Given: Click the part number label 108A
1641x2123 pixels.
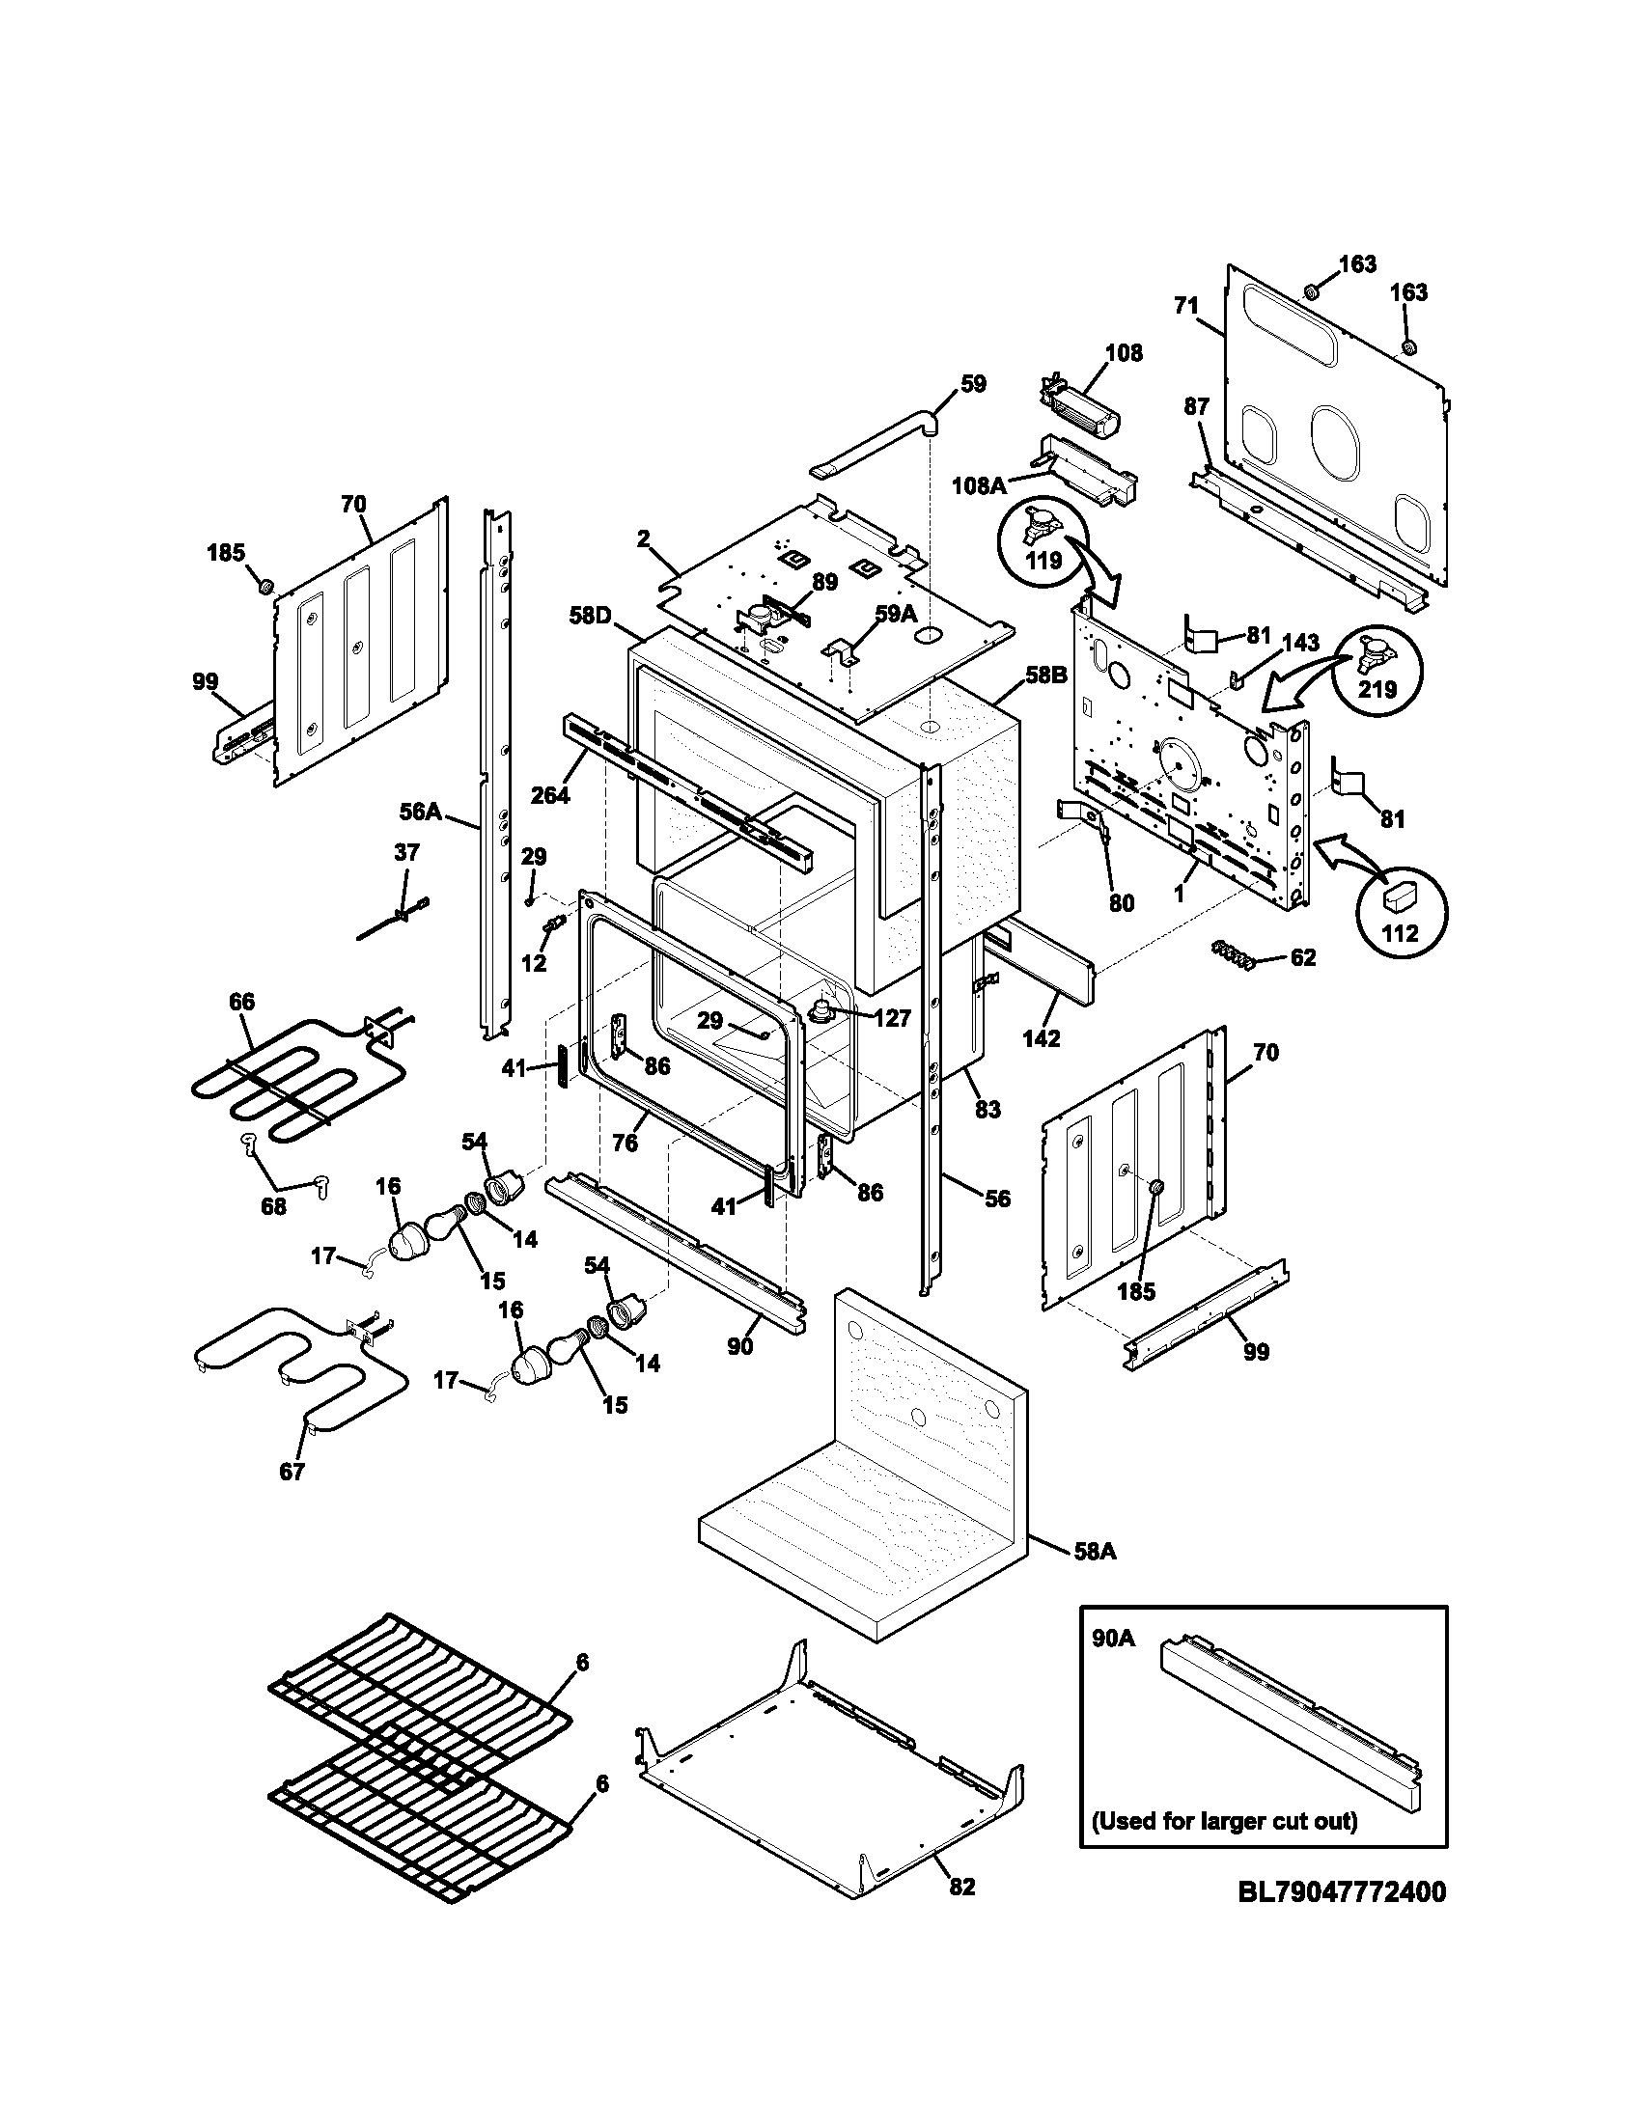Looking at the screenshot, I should pos(979,485).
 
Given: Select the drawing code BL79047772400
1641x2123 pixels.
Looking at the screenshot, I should pos(1341,1892).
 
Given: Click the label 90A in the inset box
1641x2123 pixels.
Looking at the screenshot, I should pos(1113,1639).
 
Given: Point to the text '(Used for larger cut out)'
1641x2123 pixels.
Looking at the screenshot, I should pos(1224,1820).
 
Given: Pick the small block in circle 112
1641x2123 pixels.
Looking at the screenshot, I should pos(1401,893).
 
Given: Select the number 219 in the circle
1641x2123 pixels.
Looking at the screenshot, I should pos(1377,689).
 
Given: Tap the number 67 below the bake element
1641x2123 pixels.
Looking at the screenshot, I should pos(292,1472).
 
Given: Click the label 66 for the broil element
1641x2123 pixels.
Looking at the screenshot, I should pos(241,1002).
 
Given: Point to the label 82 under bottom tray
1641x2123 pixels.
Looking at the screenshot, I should pos(960,1887).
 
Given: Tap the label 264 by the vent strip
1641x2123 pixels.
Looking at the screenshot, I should pos(550,794).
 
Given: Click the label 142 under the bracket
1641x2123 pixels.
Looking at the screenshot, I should pos(1041,1038).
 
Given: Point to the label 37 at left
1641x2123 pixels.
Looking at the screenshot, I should pos(406,852).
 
